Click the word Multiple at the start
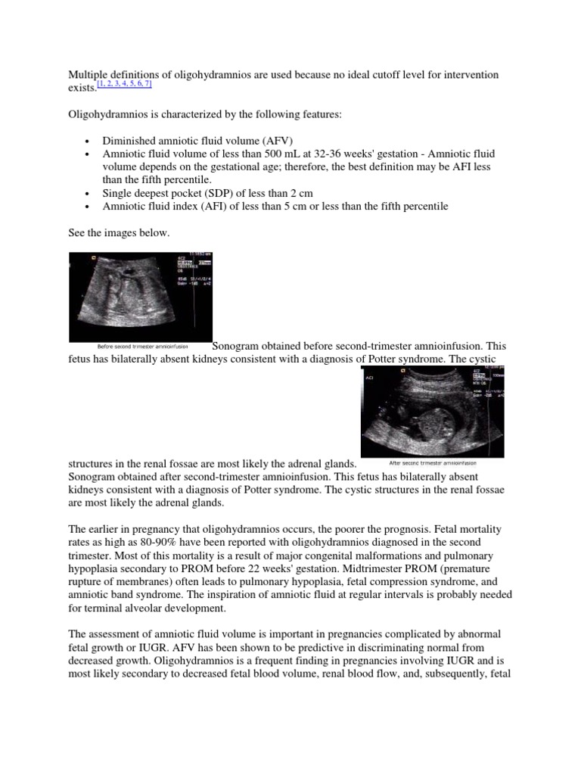[x=88, y=75]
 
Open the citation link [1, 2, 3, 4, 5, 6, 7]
[x=125, y=85]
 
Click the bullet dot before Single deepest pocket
[x=89, y=193]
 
